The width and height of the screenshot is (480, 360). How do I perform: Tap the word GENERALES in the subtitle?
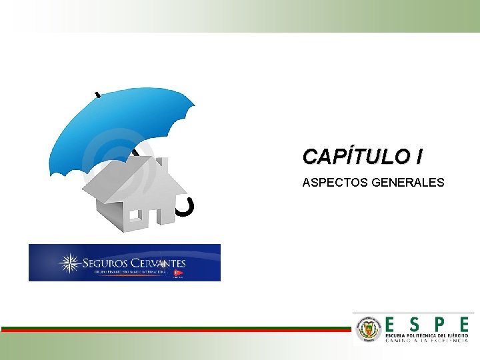coord(408,181)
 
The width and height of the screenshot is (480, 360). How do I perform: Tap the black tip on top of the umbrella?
coord(99,95)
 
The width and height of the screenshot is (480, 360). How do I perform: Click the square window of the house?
coord(136,216)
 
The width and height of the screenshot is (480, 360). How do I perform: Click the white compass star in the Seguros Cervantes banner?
coord(69,263)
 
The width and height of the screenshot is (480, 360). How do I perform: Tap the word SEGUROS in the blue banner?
coord(103,263)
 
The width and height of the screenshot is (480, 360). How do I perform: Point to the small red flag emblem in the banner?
coord(177,273)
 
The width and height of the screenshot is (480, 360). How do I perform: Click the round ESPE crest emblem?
coord(369,327)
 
